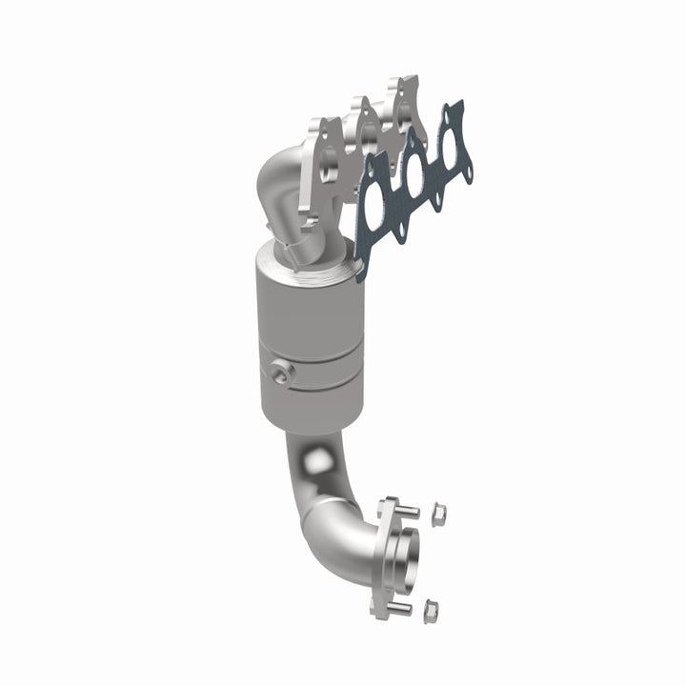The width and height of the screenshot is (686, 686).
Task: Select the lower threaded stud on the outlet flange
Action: (400, 606)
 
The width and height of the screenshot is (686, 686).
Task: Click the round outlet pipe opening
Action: (404, 555)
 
